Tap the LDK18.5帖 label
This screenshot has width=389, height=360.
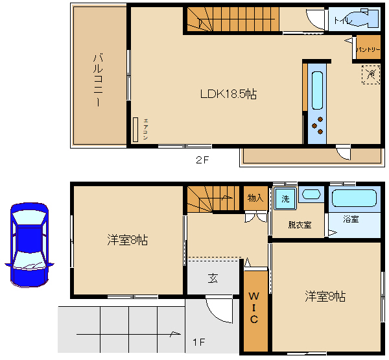(228, 94)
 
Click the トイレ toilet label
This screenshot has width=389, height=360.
(343, 20)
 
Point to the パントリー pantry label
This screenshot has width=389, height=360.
(367, 49)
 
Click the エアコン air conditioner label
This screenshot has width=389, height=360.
(146, 128)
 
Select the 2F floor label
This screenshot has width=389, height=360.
(202, 159)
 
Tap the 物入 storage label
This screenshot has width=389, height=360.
(255, 198)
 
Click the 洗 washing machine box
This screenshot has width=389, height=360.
(285, 198)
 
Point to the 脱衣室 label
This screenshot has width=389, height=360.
(300, 225)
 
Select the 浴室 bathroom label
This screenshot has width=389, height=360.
(351, 219)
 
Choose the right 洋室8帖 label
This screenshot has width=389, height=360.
(325, 296)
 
